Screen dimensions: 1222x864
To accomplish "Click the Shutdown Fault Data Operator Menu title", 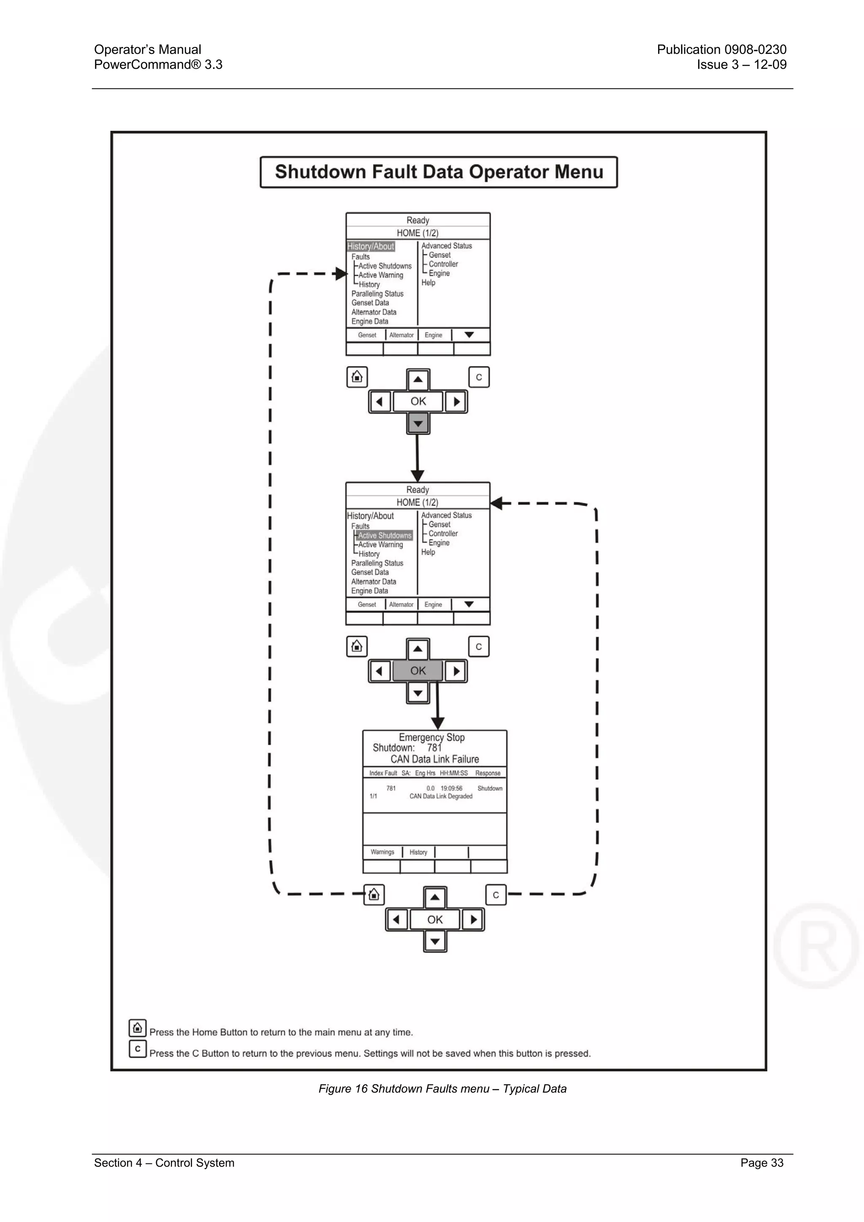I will click(x=439, y=172).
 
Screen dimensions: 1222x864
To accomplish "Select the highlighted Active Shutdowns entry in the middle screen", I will click(x=384, y=535).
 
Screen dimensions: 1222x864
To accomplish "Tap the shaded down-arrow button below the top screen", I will click(x=418, y=424).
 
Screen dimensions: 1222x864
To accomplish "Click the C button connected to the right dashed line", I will click(x=496, y=895).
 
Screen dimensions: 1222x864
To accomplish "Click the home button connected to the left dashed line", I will click(x=374, y=894).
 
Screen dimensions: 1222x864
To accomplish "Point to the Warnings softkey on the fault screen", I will click(x=382, y=852).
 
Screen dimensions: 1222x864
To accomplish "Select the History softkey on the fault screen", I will click(x=418, y=852).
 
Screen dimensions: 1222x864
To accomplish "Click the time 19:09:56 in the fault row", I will click(x=451, y=788).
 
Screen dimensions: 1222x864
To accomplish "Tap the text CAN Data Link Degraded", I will click(x=441, y=796).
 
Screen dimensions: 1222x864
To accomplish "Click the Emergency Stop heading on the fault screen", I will click(x=432, y=737).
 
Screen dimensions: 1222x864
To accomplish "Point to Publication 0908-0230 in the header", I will click(x=721, y=49).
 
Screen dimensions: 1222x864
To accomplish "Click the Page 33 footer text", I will click(x=762, y=1163).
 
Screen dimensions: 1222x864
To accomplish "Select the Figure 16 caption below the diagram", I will click(x=443, y=1089).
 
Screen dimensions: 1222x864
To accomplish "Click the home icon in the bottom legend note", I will click(x=138, y=1028).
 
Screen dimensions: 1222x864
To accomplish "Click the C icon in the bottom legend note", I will click(x=138, y=1049).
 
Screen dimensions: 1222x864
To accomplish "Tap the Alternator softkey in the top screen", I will click(x=401, y=335).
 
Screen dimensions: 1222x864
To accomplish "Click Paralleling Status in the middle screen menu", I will click(x=377, y=563).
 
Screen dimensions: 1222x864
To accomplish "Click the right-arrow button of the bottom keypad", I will click(x=473, y=919).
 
